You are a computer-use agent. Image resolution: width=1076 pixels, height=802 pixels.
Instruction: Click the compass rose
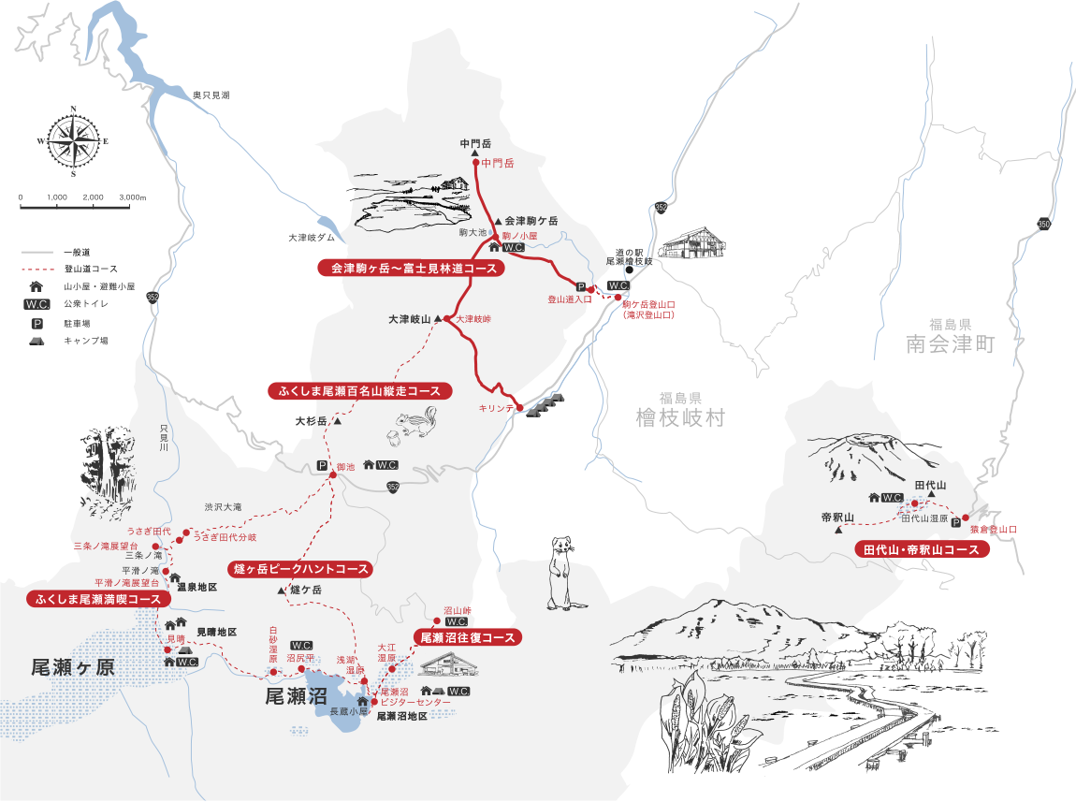[x=72, y=142]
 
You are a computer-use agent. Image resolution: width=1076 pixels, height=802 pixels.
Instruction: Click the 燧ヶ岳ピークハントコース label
[x=299, y=569]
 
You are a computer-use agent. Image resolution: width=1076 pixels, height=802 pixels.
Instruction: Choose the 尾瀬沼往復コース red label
[x=467, y=638]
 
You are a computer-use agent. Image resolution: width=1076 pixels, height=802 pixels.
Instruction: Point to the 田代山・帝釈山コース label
[x=923, y=550]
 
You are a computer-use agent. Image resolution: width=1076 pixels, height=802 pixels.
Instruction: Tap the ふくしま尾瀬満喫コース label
[x=99, y=599]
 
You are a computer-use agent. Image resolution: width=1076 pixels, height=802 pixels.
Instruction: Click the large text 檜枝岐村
[x=678, y=417]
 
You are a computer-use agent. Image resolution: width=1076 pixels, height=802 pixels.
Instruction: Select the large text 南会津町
[x=949, y=344]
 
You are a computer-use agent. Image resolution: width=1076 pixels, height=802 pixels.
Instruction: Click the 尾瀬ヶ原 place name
[x=73, y=667]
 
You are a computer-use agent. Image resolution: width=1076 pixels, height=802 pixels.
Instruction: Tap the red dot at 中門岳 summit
[x=475, y=162]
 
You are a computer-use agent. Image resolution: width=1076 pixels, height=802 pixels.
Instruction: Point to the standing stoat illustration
[x=560, y=571]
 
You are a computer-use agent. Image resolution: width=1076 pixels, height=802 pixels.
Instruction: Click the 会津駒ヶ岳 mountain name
[x=531, y=221]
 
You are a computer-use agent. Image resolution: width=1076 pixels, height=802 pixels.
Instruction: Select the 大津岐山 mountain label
[x=409, y=319]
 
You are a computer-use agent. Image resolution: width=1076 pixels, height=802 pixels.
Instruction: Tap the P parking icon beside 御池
[x=322, y=465]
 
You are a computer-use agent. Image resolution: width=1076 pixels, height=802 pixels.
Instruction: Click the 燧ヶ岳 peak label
[x=306, y=591]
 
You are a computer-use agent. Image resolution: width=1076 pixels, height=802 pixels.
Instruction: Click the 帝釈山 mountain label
[x=837, y=518]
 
